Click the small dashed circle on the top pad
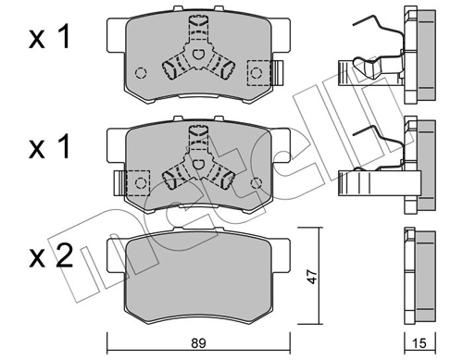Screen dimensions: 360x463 click(141, 75)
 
